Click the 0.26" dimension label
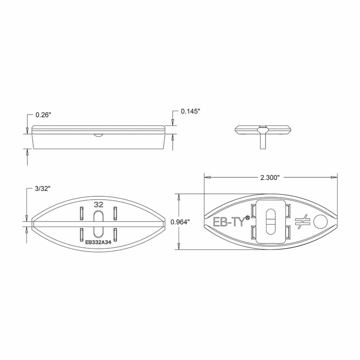click(x=43, y=115)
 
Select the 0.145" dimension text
click(x=190, y=111)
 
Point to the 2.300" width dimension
click(x=270, y=177)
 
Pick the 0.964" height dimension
click(x=180, y=221)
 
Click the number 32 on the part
click(x=98, y=204)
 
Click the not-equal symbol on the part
click(x=301, y=221)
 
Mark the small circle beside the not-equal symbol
click(x=320, y=221)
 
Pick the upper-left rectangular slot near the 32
click(x=81, y=212)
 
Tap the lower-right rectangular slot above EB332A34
click(x=115, y=234)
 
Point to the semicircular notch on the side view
click(x=97, y=135)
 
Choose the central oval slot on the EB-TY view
click(x=270, y=221)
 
